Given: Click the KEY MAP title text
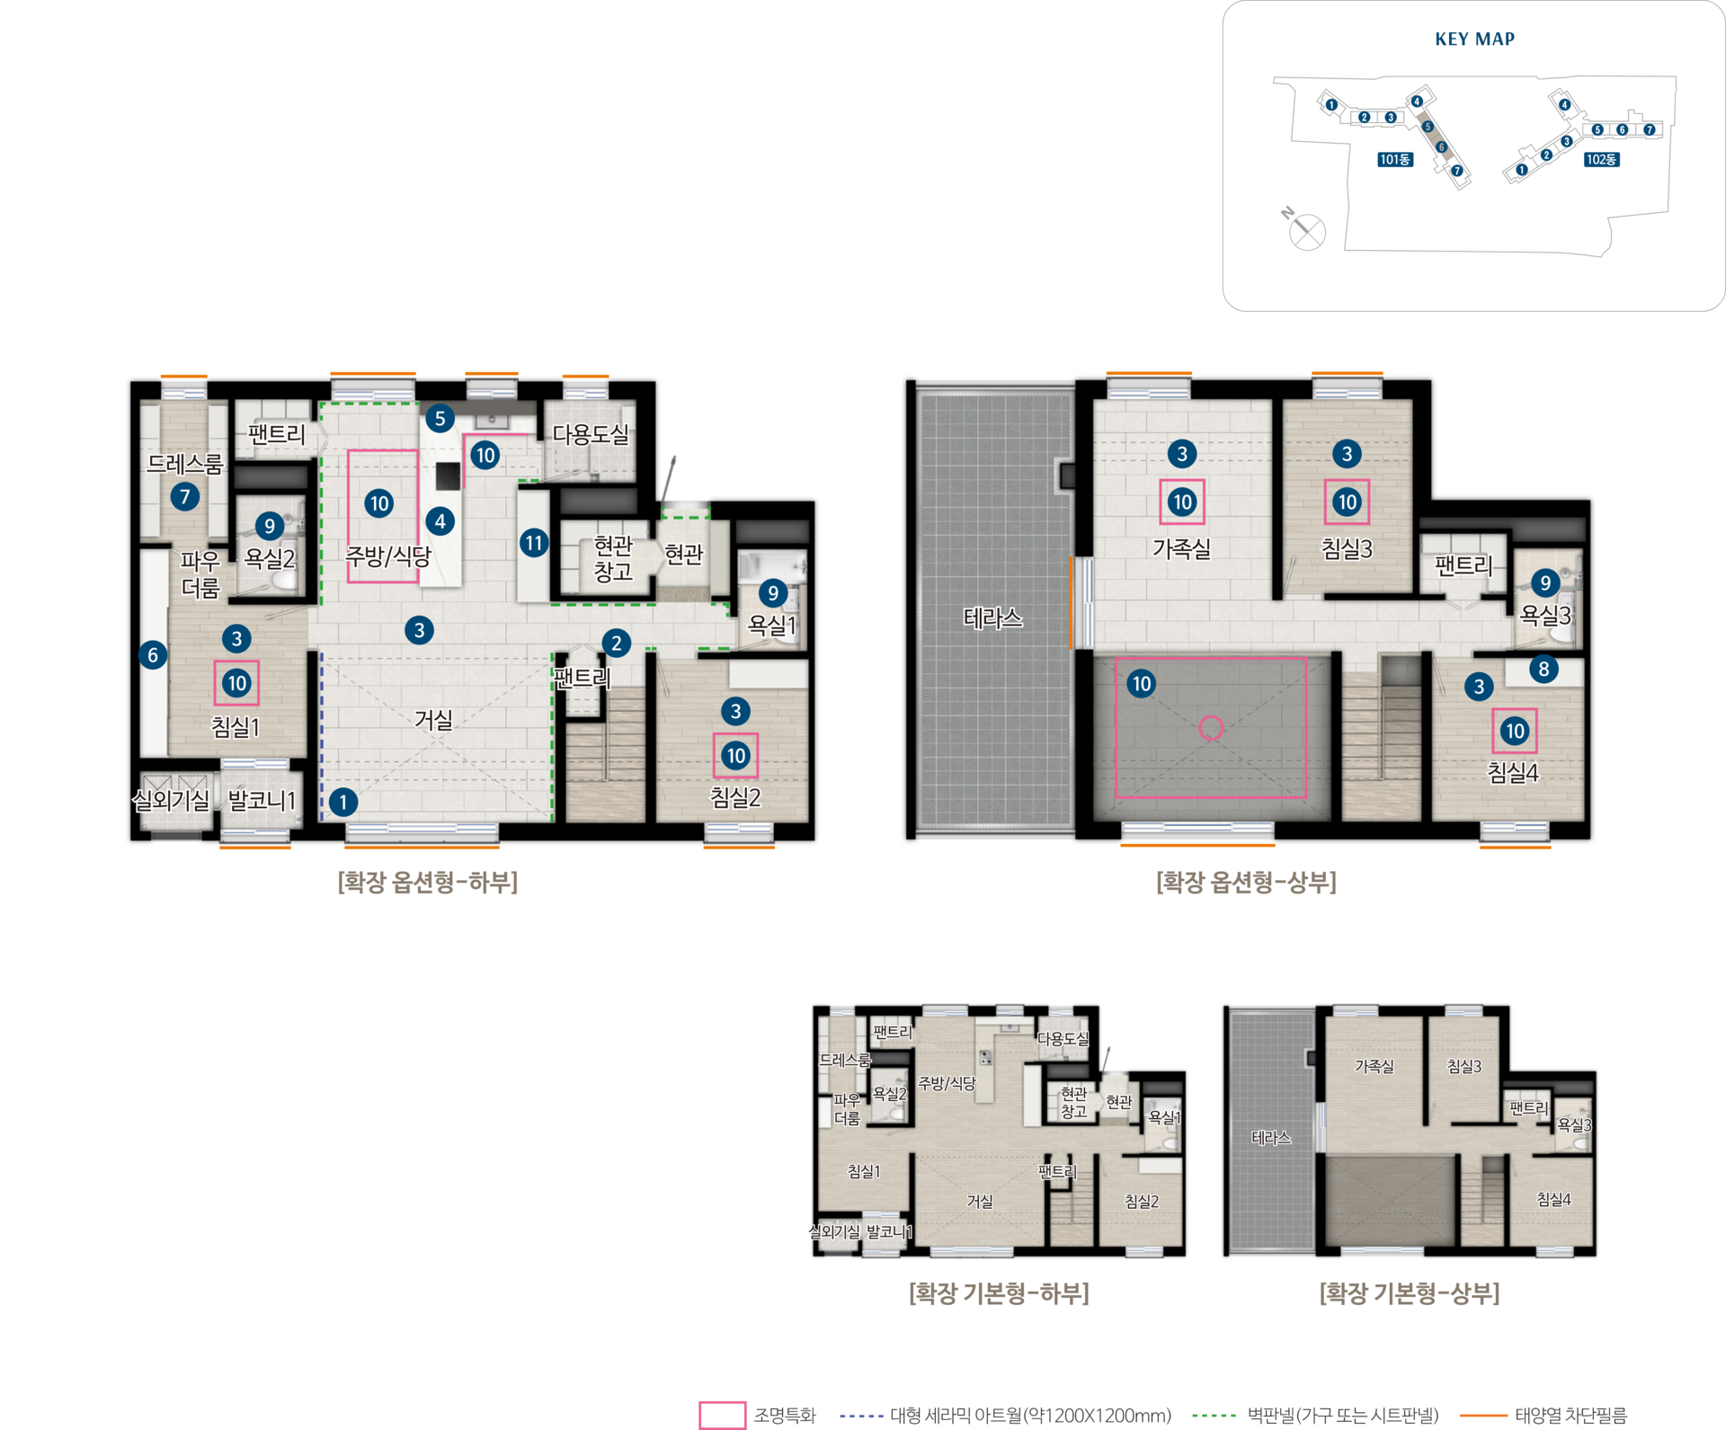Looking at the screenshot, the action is click(1474, 39).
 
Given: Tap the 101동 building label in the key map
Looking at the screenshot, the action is click(1395, 159).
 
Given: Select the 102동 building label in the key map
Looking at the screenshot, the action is click(1601, 159).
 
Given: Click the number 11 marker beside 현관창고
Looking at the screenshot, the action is click(534, 543).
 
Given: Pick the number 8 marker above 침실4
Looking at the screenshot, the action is click(1544, 669).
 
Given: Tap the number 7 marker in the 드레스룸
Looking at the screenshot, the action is click(185, 496).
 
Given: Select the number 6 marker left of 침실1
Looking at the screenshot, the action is click(153, 655).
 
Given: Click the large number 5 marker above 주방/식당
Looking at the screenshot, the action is click(440, 418).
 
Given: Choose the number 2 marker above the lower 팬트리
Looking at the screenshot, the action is click(616, 643).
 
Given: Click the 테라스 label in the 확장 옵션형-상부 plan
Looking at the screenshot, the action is click(992, 617).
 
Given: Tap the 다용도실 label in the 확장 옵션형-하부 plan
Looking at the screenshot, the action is click(591, 434).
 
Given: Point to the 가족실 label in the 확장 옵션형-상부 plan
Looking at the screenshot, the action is click(1181, 548).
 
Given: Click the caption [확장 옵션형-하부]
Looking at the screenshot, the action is click(428, 882).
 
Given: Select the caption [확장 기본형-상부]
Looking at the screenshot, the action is click(1410, 1293).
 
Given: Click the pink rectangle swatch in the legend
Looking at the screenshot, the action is click(722, 1416).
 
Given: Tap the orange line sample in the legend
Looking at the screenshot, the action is click(1483, 1416).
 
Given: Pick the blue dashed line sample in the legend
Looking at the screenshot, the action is click(861, 1416).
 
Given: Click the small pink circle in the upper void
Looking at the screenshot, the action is click(1211, 728).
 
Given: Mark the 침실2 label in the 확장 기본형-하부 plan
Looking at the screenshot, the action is click(1142, 1202).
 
